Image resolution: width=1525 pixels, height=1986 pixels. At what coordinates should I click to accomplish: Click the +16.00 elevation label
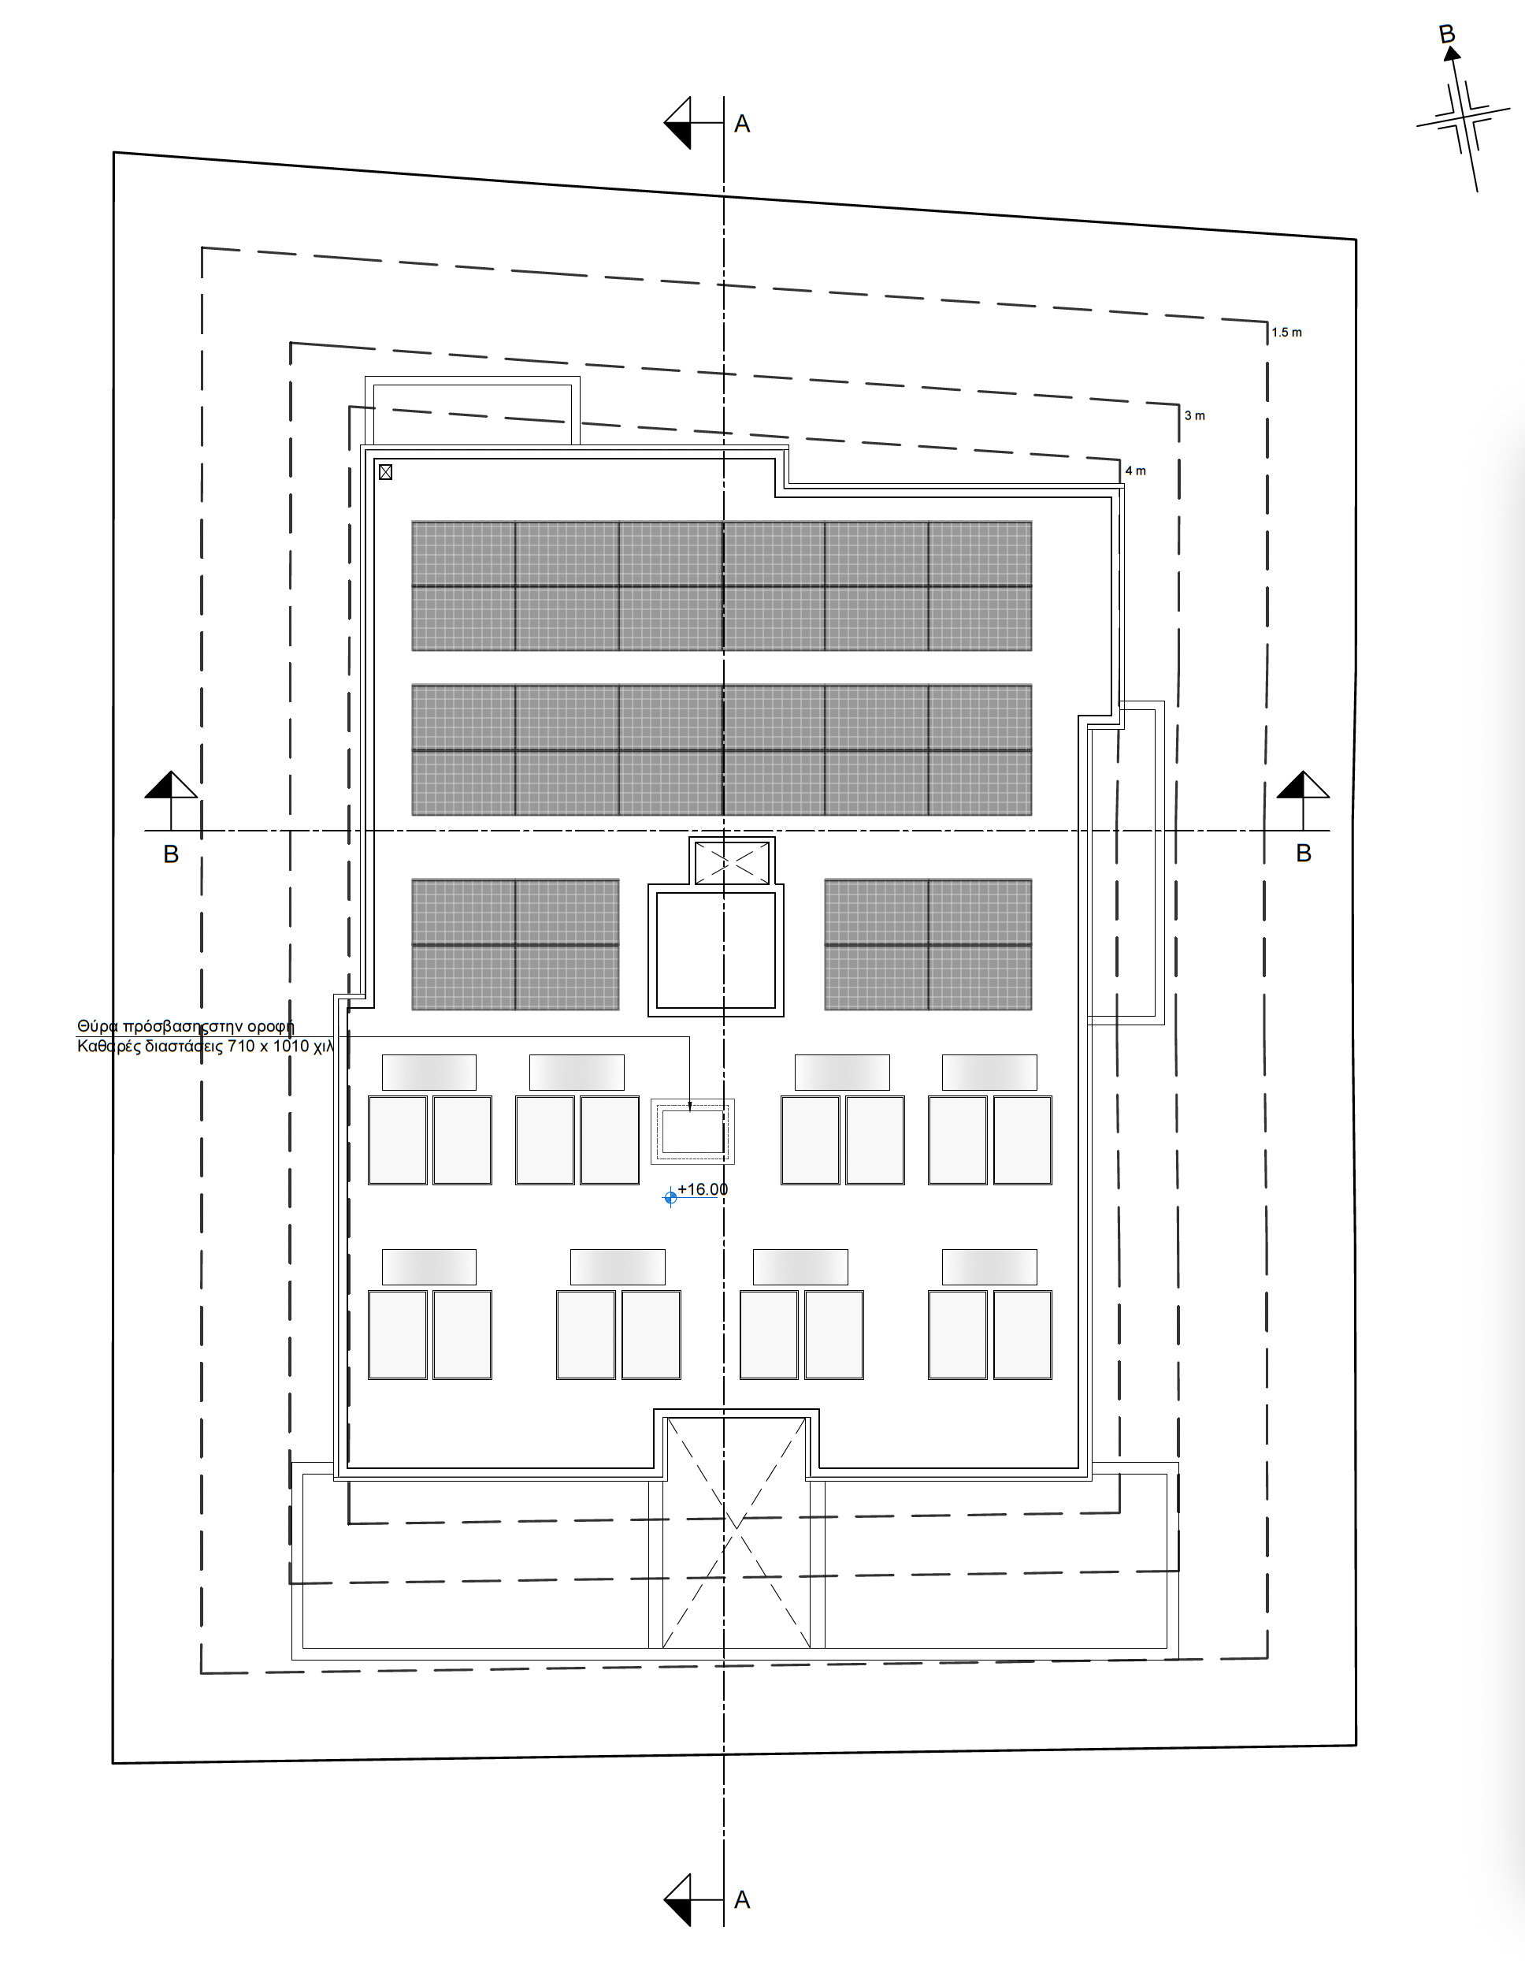tap(703, 1188)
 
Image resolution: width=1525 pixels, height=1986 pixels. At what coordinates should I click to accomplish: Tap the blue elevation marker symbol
tap(671, 1197)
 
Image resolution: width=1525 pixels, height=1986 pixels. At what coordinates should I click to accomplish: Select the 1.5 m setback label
tap(1286, 333)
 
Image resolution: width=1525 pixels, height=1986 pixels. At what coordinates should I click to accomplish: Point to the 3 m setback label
tap(1195, 416)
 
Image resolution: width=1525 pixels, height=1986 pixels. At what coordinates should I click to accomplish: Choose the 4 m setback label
tap(1136, 470)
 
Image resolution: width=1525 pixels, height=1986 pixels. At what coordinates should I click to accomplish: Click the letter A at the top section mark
tap(741, 125)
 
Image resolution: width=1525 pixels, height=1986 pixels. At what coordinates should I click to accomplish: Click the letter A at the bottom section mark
tap(741, 1900)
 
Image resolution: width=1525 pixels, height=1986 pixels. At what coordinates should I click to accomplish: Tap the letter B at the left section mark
tap(171, 854)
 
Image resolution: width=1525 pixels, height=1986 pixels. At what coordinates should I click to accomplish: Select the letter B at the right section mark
tap(1304, 854)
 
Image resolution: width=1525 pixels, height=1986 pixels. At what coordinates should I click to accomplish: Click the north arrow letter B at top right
tap(1447, 35)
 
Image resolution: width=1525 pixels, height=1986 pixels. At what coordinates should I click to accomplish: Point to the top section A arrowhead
tap(677, 123)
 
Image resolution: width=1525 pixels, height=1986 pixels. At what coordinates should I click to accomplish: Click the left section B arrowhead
tap(171, 785)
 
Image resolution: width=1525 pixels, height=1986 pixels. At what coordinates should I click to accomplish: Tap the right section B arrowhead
tap(1303, 785)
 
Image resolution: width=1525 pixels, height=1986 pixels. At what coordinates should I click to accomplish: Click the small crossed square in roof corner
tap(386, 472)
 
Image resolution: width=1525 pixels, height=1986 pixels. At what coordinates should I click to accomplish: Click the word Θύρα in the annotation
tap(98, 1026)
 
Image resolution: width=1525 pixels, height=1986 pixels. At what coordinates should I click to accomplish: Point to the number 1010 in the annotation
tap(291, 1046)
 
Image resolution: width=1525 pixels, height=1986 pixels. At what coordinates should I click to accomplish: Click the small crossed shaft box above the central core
tap(732, 863)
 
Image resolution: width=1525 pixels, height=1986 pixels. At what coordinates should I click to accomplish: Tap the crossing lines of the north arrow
tap(1462, 119)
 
